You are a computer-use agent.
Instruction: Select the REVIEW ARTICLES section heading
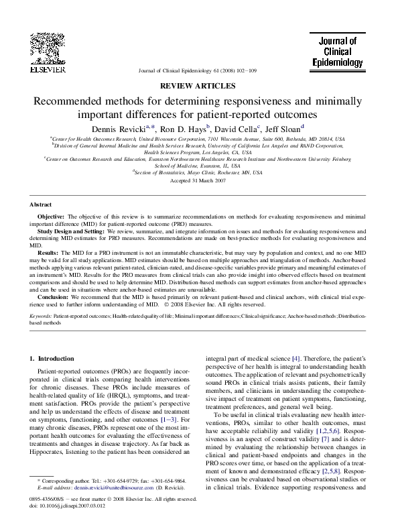198,86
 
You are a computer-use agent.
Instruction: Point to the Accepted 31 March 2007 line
198,182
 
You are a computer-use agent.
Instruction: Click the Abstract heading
41,204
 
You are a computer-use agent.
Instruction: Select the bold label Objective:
51,218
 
